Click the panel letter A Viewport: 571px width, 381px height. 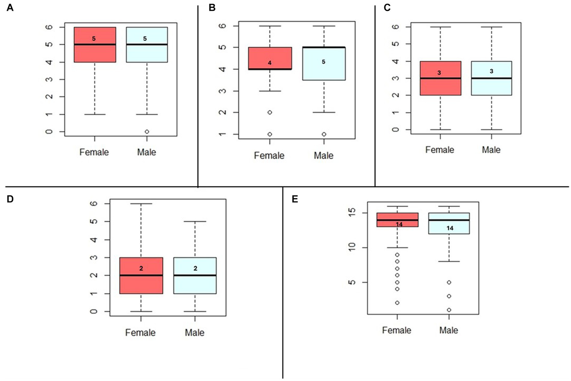[10, 8]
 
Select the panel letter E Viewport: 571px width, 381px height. [295, 199]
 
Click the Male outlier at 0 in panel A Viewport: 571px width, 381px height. [147, 132]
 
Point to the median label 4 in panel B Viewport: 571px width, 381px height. [270, 63]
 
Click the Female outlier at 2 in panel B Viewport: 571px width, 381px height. [270, 112]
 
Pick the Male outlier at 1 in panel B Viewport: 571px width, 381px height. [324, 134]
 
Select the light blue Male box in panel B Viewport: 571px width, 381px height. [324, 71]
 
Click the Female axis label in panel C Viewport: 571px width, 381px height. [440, 150]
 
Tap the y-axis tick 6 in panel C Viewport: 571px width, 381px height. [396, 27]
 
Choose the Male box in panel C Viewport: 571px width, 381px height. [491, 85]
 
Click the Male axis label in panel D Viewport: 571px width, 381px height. [195, 332]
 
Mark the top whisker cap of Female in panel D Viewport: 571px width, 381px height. [141, 204]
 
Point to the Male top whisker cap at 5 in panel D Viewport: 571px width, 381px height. [195, 222]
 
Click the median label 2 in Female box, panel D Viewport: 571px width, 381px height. [141, 268]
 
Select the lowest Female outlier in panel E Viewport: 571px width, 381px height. [397, 303]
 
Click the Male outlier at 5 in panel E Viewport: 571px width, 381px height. [449, 282]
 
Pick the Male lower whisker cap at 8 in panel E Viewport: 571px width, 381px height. [449, 261]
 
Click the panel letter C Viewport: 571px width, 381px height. [387, 8]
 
